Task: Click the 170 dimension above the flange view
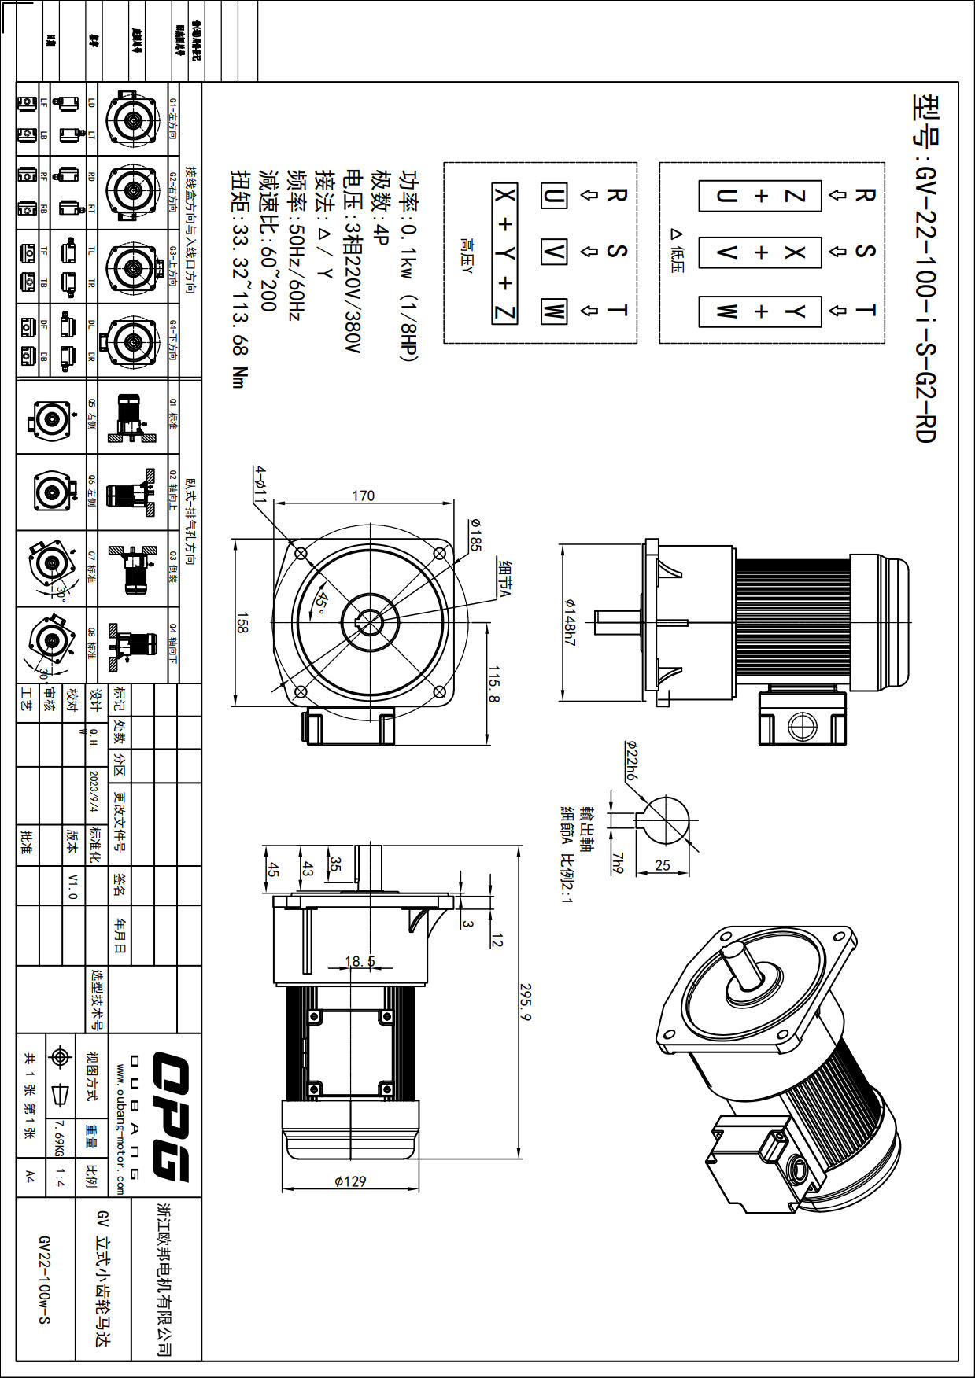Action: pyautogui.click(x=364, y=496)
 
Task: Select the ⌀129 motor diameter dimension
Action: pyautogui.click(x=350, y=1181)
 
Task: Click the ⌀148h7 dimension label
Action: pyautogui.click(x=571, y=621)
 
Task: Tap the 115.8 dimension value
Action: pyautogui.click(x=494, y=684)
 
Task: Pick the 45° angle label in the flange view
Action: pyautogui.click(x=321, y=602)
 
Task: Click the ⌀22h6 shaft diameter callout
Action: pyautogui.click(x=631, y=760)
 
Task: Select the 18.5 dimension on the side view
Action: pyautogui.click(x=360, y=961)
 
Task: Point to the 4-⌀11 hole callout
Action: pyautogui.click(x=260, y=483)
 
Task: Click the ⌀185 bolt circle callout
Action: pyautogui.click(x=474, y=534)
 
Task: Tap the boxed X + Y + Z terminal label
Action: pyautogui.click(x=504, y=253)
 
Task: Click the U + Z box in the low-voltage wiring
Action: pyautogui.click(x=760, y=196)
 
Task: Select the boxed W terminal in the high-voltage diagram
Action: pyautogui.click(x=553, y=311)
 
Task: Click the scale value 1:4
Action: pyautogui.click(x=60, y=1177)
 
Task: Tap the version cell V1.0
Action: pyautogui.click(x=72, y=885)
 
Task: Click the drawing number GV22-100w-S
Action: pyautogui.click(x=44, y=1279)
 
